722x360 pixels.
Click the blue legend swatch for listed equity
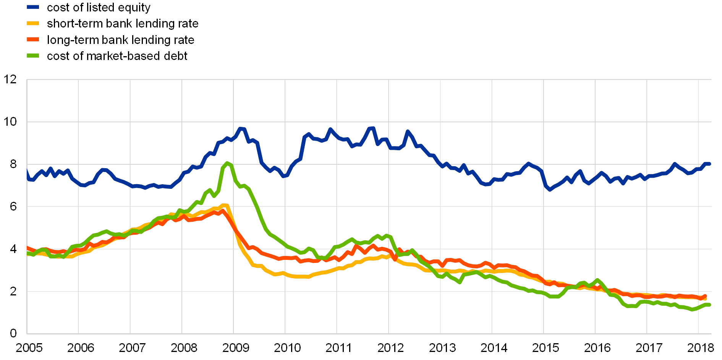pos(33,7)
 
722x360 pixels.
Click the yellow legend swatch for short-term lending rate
pos(33,24)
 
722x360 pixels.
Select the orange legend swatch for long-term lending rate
pos(33,40)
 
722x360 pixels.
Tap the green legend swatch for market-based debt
pos(33,56)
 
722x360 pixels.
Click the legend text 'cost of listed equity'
pos(99,7)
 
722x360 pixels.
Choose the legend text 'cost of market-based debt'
pos(117,56)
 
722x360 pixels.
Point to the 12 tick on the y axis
pos(10,79)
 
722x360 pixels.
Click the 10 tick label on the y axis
pos(10,122)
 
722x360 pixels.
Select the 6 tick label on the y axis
pos(13,206)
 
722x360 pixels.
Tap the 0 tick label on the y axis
pos(13,333)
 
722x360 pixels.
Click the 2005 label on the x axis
pos(29,348)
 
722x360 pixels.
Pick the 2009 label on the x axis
pos(236,348)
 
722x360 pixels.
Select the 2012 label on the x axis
pos(390,348)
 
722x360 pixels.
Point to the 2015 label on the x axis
pos(546,348)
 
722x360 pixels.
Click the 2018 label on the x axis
pos(700,348)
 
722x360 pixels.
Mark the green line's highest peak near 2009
pos(228,163)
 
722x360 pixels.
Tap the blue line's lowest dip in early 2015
pos(550,190)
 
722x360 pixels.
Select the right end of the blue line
pos(709,164)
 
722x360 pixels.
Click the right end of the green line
pos(709,305)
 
